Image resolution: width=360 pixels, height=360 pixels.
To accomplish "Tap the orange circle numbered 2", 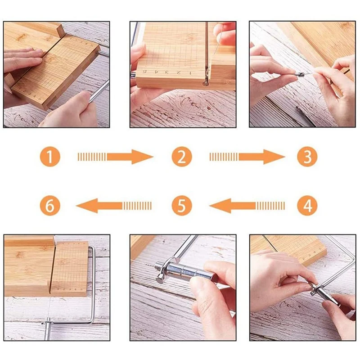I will tap(181, 157).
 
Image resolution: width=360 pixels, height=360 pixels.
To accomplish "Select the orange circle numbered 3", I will tap(307, 157).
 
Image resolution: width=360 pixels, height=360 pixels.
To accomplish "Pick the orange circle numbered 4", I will tap(307, 206).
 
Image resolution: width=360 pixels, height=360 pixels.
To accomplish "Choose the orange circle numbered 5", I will tap(181, 206).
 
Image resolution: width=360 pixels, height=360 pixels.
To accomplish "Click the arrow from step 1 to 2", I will tap(116, 157).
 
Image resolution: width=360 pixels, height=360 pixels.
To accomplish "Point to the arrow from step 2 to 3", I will tap(247, 157).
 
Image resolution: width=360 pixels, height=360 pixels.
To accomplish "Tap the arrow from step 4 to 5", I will tap(247, 206).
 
